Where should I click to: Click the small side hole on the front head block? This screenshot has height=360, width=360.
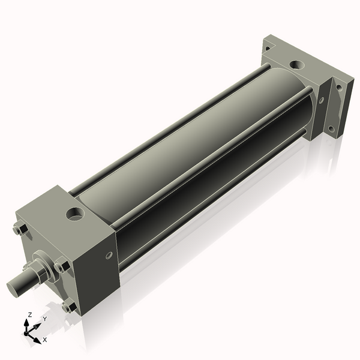[109, 256]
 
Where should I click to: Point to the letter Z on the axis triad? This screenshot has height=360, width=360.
[29, 314]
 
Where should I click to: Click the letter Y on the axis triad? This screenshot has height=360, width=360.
[44, 319]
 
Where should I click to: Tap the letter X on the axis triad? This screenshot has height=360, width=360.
[44, 340]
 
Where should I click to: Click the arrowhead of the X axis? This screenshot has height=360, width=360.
[37, 337]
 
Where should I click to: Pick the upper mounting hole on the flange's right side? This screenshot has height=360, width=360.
[339, 87]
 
